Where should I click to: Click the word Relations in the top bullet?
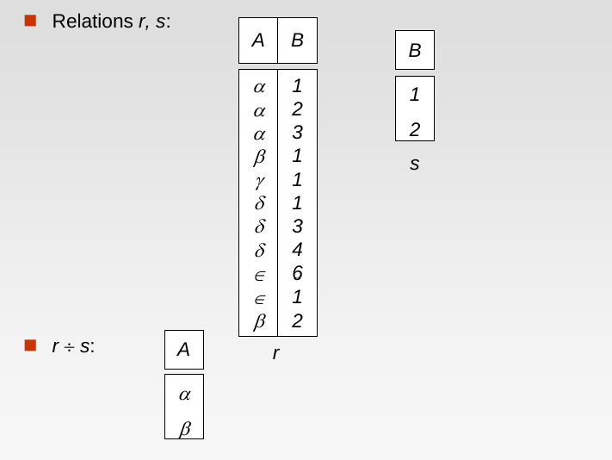[92, 22]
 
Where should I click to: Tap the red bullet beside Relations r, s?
[30, 21]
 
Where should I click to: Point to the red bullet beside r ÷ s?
[30, 345]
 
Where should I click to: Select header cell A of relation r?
[258, 40]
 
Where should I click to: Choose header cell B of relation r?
[297, 40]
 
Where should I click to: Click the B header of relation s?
[415, 51]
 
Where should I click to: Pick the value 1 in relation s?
[415, 94]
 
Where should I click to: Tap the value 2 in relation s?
[415, 129]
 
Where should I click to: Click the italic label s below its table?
[414, 163]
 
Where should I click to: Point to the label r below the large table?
[275, 352]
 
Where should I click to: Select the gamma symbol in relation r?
[259, 181]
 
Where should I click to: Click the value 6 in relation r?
[297, 274]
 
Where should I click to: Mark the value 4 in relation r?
[297, 250]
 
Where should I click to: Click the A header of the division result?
[183, 350]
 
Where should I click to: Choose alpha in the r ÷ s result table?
[184, 395]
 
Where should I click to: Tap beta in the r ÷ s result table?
[184, 427]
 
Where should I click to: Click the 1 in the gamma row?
[297, 180]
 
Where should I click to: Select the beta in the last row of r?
[259, 321]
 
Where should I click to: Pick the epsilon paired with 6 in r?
[259, 275]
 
